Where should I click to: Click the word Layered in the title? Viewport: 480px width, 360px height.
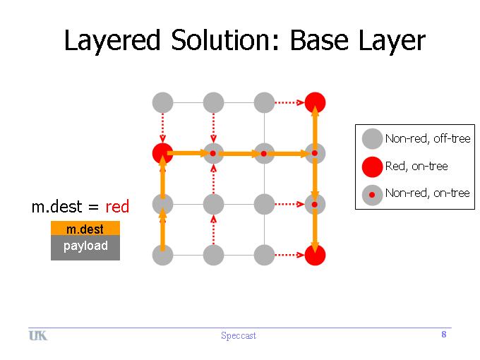(112, 40)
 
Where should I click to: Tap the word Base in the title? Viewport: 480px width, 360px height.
(319, 40)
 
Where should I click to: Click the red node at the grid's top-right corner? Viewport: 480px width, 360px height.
(315, 102)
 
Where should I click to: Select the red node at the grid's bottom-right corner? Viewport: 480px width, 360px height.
(315, 255)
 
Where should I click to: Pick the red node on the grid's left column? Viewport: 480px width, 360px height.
(162, 153)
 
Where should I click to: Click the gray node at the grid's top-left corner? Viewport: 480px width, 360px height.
(162, 102)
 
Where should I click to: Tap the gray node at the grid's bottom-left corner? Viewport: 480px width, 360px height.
(162, 255)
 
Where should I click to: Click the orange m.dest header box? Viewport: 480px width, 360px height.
(85, 229)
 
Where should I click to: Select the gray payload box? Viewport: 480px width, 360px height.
(85, 248)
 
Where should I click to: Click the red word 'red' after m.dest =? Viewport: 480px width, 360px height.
(117, 207)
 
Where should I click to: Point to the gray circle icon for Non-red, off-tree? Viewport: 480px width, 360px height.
(372, 138)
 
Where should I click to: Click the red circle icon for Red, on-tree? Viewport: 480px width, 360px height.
(372, 167)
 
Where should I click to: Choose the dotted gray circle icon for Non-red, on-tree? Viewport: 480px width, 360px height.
(372, 195)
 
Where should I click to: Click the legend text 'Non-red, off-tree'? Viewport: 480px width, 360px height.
(428, 138)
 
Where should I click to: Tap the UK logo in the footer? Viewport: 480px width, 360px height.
(38, 336)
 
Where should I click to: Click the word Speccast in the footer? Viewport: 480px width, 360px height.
(239, 336)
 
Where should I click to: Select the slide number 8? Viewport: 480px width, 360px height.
(444, 335)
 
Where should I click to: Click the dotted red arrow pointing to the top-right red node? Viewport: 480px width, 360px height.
(289, 102)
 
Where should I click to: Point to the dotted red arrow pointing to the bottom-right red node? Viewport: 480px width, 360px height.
(289, 255)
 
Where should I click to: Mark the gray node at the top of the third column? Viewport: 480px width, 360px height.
(264, 102)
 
